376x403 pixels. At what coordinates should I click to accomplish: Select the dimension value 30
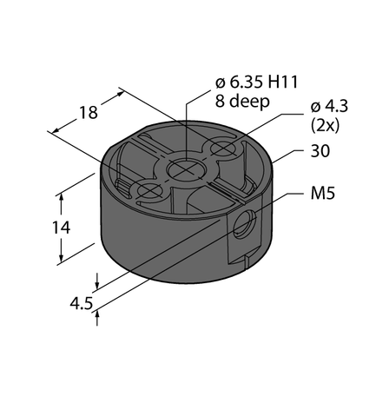(321, 152)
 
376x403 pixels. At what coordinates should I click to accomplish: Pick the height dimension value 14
(46, 228)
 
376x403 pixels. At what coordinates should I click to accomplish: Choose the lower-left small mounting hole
(148, 188)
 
